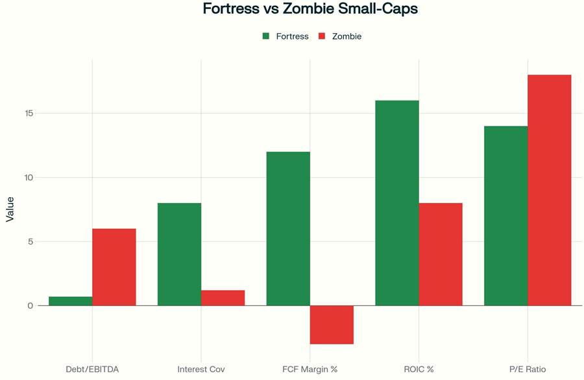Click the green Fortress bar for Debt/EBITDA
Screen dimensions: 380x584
click(70, 301)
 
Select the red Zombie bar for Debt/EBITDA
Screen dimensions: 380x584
click(114, 267)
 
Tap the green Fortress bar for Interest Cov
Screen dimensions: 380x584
click(179, 254)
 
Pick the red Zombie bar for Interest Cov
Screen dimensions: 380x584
click(223, 298)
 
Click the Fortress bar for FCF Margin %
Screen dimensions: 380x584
click(288, 228)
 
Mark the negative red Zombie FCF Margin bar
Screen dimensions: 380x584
click(332, 325)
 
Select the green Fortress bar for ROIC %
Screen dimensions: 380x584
click(397, 203)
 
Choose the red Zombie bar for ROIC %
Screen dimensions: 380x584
click(441, 254)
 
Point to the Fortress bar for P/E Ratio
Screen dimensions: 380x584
click(505, 215)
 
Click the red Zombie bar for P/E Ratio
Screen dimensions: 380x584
click(550, 190)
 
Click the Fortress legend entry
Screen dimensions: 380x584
click(286, 36)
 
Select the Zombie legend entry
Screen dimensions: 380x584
click(340, 36)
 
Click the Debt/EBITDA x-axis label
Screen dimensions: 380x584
click(92, 369)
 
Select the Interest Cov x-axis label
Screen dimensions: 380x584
click(201, 369)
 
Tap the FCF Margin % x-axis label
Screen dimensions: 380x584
click(310, 369)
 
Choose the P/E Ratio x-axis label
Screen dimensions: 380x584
click(528, 369)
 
